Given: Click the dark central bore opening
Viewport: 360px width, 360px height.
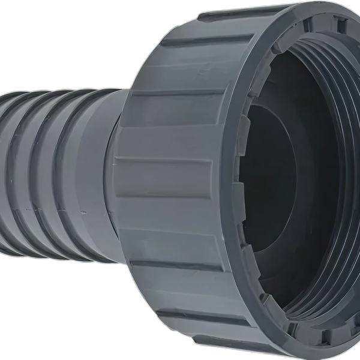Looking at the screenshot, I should pos(273,180).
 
